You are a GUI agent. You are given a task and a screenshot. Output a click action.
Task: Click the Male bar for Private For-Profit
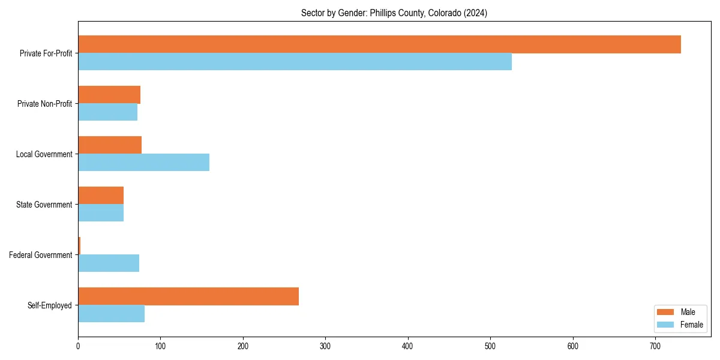(x=379, y=44)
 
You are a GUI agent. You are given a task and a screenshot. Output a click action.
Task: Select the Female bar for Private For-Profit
(x=295, y=62)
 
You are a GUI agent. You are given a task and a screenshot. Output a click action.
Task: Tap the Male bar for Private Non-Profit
(x=109, y=95)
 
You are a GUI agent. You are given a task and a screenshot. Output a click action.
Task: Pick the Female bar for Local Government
(x=143, y=163)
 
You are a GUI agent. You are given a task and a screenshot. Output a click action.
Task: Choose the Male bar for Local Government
(x=110, y=145)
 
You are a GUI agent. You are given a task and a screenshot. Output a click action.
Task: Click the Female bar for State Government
(x=101, y=213)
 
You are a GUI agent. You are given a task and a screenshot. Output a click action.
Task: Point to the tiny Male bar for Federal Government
(x=79, y=246)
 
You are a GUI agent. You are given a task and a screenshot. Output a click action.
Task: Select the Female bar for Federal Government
(x=109, y=263)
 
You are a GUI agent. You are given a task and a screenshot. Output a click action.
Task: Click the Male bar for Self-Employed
(x=188, y=296)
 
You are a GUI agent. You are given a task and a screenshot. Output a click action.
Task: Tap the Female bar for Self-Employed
(x=111, y=314)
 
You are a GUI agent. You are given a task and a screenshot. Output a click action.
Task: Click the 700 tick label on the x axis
(x=655, y=346)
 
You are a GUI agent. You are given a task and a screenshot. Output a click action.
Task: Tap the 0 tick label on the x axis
(x=78, y=346)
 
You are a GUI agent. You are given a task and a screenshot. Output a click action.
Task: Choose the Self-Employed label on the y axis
(x=50, y=305)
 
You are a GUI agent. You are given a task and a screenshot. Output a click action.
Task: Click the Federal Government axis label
(x=41, y=255)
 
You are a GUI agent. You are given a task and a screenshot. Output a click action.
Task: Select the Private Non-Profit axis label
(x=44, y=104)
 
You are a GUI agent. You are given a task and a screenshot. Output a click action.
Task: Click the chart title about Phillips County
(x=394, y=13)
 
